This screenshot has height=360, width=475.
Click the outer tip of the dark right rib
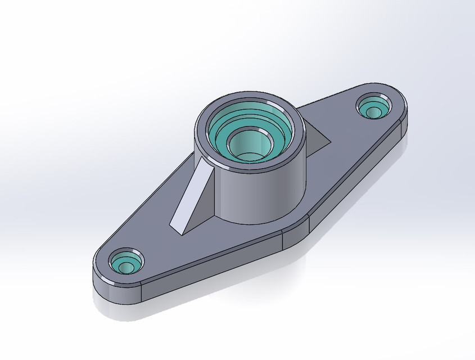[332, 138]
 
